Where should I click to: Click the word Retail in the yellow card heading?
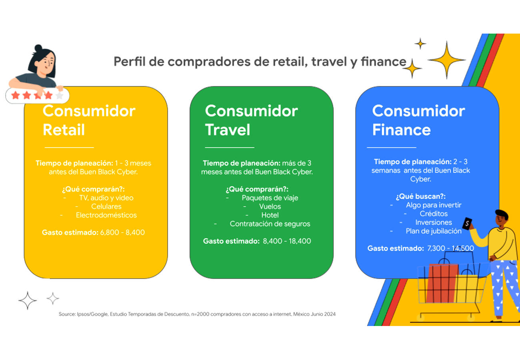tap(64, 130)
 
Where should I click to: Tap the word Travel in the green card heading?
tap(228, 130)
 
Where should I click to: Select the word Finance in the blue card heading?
tap(401, 130)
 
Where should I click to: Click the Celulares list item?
tap(106, 206)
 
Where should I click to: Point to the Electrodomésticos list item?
tap(106, 215)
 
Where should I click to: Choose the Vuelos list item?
tap(270, 206)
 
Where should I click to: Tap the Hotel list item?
tap(270, 215)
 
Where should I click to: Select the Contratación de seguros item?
tap(270, 224)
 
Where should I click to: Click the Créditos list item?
tap(434, 214)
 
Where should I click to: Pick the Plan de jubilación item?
tap(434, 231)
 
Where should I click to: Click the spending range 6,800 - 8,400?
tap(122, 232)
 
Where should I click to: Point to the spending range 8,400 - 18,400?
tap(287, 241)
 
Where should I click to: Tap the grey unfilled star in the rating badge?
tap(60, 95)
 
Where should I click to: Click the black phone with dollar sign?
tap(467, 223)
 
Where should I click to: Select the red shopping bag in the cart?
tap(442, 283)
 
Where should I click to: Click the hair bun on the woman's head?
tap(38, 48)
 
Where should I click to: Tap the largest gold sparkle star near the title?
tap(446, 60)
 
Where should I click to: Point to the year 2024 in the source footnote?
tap(330, 314)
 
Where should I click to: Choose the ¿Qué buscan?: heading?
tap(421, 196)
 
